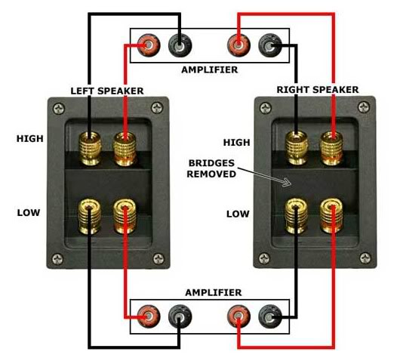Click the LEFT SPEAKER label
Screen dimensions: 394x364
pos(107,91)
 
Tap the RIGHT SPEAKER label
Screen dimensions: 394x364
pos(318,90)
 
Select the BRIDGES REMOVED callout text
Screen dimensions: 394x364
pos(211,168)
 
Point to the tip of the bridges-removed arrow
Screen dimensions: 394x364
pos(291,184)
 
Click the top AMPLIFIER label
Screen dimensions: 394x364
pos(210,69)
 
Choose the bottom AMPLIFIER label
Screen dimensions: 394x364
pos(214,292)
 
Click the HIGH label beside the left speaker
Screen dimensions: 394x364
pos(30,138)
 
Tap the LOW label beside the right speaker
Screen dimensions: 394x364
pos(238,214)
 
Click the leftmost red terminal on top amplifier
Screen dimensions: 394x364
pos(149,45)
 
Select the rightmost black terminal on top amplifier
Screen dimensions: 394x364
pos(270,45)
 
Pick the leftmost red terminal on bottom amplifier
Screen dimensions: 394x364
pos(149,316)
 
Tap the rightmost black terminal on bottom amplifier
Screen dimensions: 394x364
pos(270,316)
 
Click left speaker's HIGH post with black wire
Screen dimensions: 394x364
pos(90,149)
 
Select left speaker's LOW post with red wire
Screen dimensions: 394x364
pos(125,216)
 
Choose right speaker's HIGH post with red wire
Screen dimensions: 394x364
pos(331,149)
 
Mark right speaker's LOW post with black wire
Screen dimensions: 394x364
pos(296,216)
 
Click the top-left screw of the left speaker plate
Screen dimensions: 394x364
pos(60,109)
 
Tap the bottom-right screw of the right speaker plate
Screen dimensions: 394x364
pos(365,258)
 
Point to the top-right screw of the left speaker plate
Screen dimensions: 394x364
pos(157,108)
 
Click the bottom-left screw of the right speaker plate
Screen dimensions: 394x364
pos(264,258)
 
